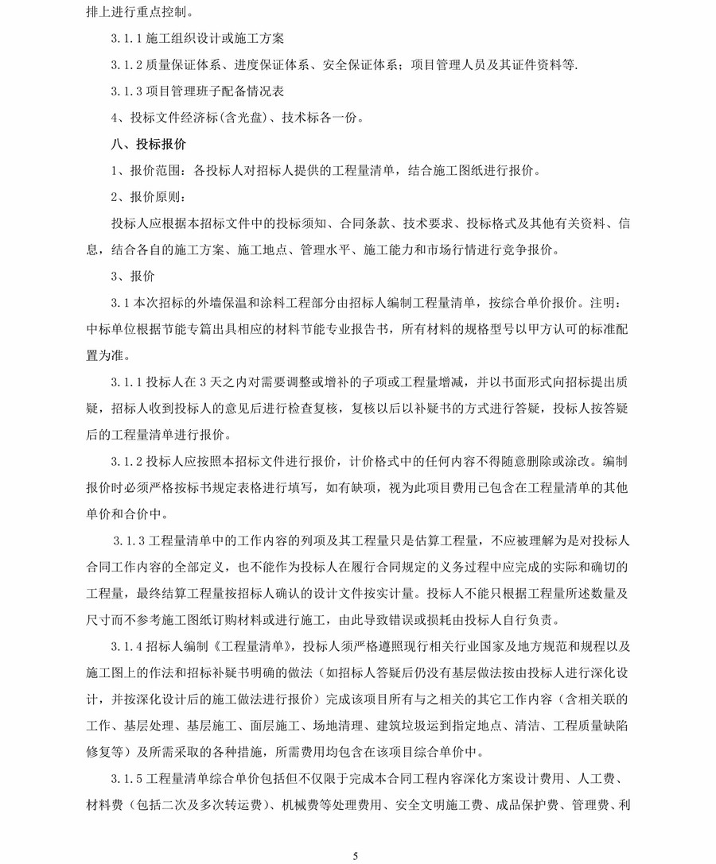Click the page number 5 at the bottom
tap(356, 855)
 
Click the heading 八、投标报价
tap(149, 145)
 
